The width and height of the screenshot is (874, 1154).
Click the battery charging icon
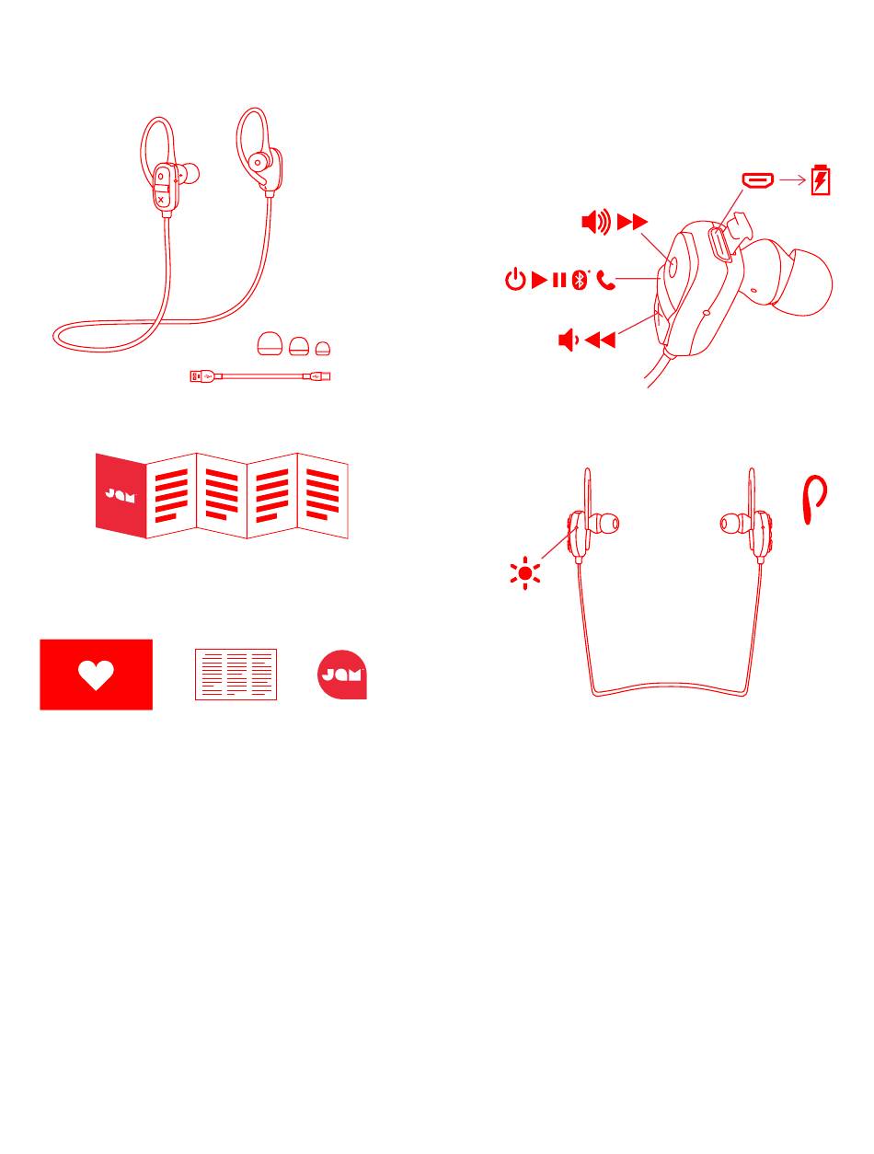[820, 179]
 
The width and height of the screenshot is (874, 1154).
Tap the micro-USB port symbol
[757, 179]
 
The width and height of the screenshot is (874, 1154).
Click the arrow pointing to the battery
[792, 179]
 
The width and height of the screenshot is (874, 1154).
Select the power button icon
[515, 279]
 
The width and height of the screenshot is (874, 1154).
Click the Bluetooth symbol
[579, 279]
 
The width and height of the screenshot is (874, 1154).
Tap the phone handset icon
[605, 280]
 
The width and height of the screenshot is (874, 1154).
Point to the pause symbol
[559, 280]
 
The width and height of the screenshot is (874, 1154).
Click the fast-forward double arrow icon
[632, 222]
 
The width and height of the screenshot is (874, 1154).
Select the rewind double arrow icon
[600, 340]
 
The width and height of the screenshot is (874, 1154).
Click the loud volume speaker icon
[596, 222]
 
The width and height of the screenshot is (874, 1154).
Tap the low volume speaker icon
[569, 340]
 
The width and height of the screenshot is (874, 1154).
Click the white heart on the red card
[96, 675]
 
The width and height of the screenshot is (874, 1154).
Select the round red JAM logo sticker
[341, 675]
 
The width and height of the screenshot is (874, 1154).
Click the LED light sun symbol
[524, 573]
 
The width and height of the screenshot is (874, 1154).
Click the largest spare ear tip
[270, 344]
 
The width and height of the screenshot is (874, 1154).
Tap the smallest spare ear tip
[323, 349]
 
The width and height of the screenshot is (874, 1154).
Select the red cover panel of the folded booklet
[121, 496]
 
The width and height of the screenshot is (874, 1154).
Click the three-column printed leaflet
[236, 675]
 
